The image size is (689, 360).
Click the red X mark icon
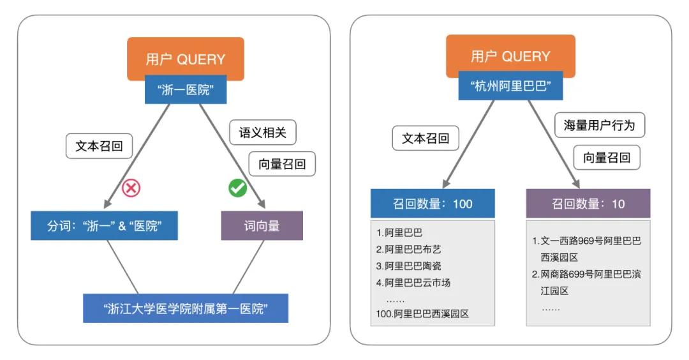131,187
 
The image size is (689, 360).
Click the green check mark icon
237,188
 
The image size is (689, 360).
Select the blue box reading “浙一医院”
186,91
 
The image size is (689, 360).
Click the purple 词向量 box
262,226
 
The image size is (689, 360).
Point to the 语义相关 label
263,133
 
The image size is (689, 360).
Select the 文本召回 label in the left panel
99,146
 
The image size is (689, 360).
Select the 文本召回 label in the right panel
425,138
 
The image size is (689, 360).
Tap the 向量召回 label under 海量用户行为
607,157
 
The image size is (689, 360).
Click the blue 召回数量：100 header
433,204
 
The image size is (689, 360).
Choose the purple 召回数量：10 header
588,204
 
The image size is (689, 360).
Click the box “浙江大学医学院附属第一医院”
186,308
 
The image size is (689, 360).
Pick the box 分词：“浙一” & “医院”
104,226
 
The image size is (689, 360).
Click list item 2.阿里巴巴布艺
408,250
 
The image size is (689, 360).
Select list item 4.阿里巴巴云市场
413,283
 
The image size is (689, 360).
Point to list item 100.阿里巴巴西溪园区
422,314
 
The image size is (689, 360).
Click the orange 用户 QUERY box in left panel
185,59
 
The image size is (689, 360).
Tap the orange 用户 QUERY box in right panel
510,56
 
